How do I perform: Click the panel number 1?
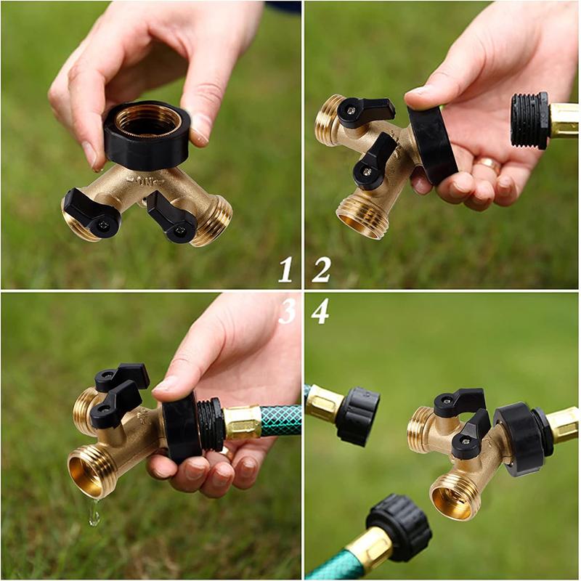click(285, 269)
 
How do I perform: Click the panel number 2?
click(321, 269)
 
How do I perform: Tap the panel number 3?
click(287, 311)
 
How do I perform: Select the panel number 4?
click(320, 311)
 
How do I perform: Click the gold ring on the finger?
click(488, 163)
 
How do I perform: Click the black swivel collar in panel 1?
click(146, 134)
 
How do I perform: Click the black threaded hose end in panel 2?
click(529, 121)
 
